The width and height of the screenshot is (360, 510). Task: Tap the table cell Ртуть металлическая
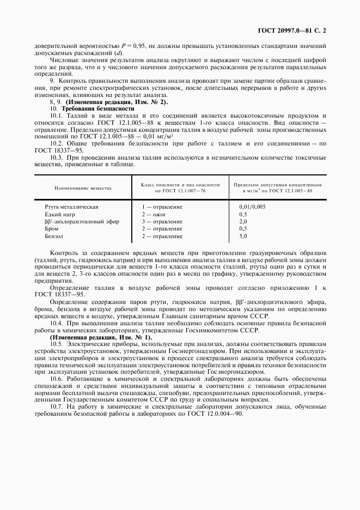point(71,207)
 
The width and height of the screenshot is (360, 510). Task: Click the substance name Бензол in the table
point(54,236)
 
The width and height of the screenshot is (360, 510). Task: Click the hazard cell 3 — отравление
point(162,222)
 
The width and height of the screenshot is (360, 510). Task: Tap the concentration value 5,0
point(243,236)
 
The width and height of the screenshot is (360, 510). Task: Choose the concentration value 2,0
point(243,222)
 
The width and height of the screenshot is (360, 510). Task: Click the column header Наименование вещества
point(83,188)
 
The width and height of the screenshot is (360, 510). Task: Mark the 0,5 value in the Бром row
point(243,229)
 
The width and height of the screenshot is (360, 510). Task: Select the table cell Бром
point(52,229)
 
